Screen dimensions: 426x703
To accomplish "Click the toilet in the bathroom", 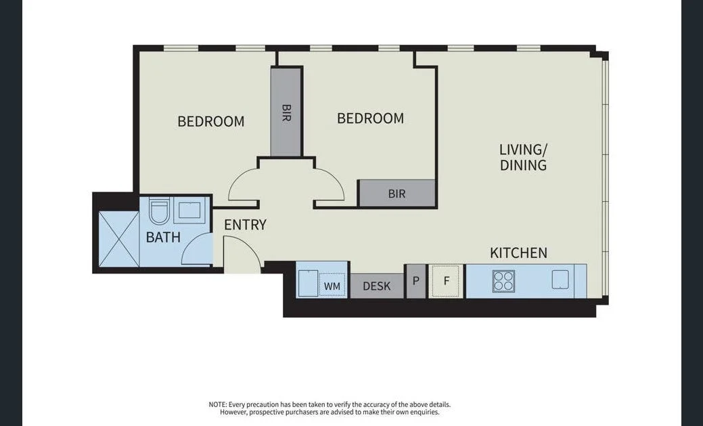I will (x=158, y=211).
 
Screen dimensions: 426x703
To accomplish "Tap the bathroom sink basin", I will (x=189, y=211).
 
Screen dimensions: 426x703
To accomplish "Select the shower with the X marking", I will (x=118, y=239).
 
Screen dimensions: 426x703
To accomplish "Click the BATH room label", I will (x=163, y=238).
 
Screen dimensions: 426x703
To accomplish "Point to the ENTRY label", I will (x=245, y=225).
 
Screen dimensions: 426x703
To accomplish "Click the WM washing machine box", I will (x=332, y=286).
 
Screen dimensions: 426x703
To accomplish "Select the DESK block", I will (x=376, y=286).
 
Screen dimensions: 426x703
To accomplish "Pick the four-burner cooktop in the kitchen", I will (x=503, y=281).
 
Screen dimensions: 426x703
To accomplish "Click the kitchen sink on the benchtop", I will (x=561, y=280).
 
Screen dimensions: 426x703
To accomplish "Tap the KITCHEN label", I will (x=518, y=253).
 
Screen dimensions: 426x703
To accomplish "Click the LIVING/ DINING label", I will (x=523, y=157).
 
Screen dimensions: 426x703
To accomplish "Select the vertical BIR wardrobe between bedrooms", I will (x=286, y=112).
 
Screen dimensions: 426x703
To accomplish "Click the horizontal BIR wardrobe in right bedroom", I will (x=397, y=194).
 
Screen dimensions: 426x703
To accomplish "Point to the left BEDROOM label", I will (x=210, y=122).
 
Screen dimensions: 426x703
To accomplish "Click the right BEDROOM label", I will (x=370, y=119).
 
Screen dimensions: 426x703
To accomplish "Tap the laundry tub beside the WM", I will (x=308, y=283).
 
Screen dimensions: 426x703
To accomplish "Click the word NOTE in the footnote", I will (x=218, y=404).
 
